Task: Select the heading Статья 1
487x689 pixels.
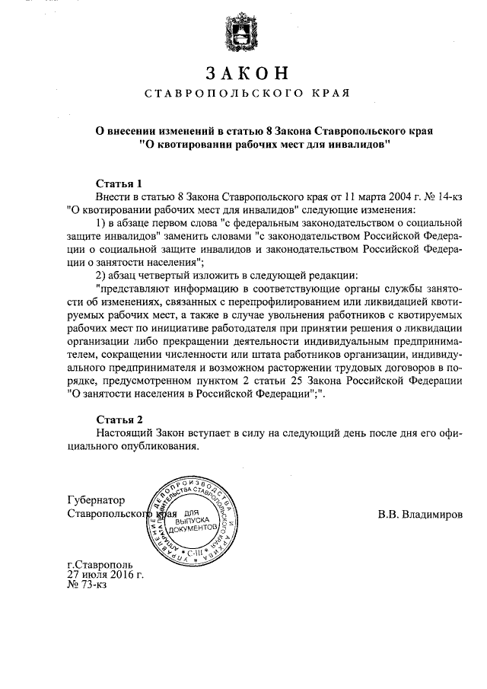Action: coord(120,182)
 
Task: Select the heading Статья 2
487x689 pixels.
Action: coord(120,419)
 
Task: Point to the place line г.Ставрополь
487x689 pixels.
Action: coord(100,566)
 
